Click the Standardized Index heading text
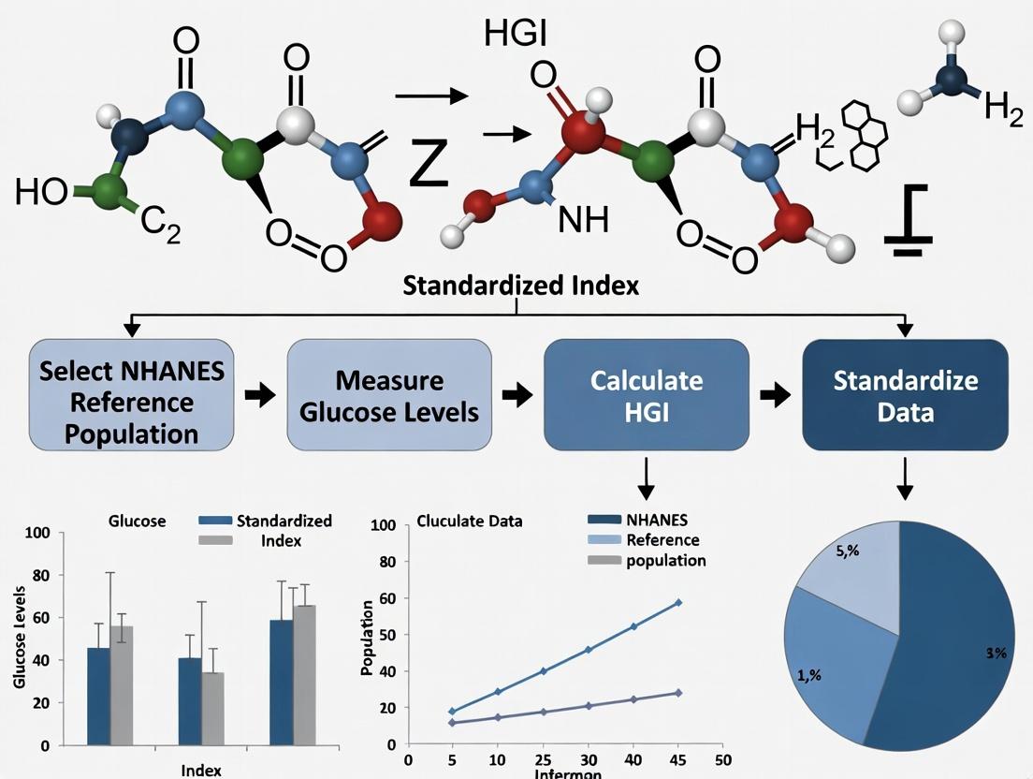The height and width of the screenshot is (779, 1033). [520, 286]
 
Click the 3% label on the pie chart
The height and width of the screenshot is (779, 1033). [996, 654]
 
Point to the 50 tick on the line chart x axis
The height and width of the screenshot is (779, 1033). [721, 760]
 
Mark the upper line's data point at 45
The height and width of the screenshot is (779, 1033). [678, 603]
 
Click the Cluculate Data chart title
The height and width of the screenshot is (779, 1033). [470, 521]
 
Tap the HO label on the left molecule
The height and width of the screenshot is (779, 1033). [40, 194]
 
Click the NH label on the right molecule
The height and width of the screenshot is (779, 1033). [583, 220]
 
